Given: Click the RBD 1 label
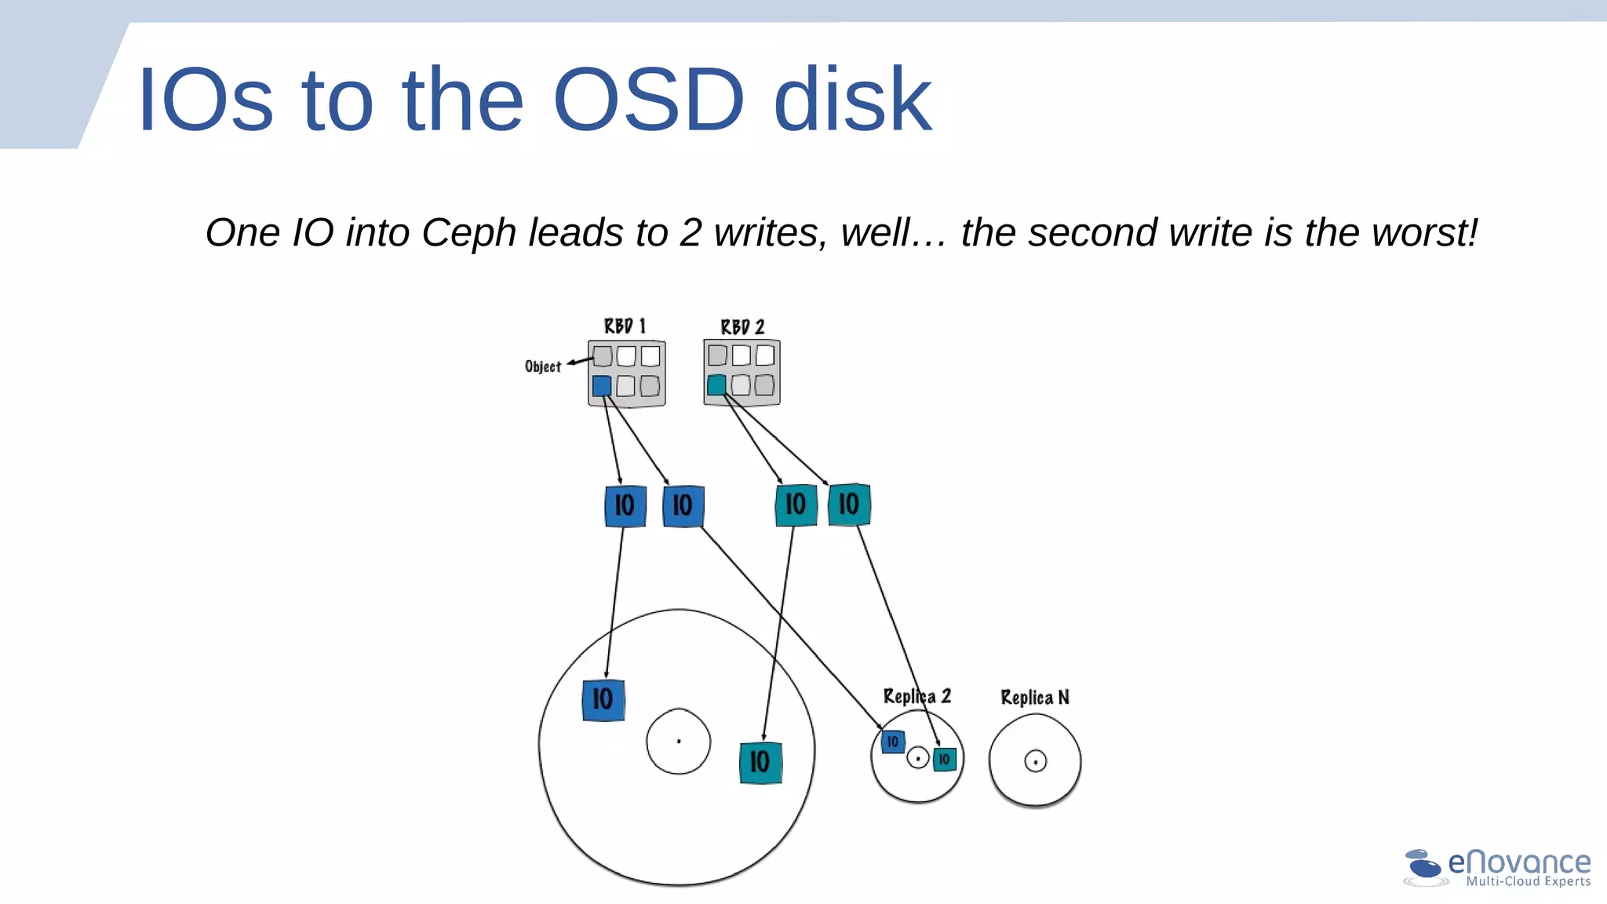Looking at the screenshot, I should (x=625, y=326).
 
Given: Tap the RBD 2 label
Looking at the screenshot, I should (x=742, y=326).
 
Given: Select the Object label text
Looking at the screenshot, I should (x=543, y=366).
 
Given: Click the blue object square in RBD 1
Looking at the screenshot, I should (x=602, y=385).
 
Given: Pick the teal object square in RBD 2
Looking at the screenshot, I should (x=716, y=385).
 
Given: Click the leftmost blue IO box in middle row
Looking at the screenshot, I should (x=625, y=505).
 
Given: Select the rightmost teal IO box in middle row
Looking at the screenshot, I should (x=849, y=504).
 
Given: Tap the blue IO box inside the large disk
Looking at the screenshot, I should (x=603, y=699).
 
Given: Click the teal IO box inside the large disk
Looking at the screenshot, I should (x=760, y=762).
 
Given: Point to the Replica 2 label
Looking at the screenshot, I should (x=916, y=696).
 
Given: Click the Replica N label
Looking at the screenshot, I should (x=1034, y=698).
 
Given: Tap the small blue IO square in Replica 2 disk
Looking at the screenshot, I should (x=893, y=742).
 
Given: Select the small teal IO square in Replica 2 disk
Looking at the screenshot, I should (x=945, y=759).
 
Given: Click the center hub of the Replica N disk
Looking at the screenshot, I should (x=1036, y=761).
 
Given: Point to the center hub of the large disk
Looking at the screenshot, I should (x=679, y=741).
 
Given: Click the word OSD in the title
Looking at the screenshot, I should (x=648, y=100).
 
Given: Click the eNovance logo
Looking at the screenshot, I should (x=1497, y=868).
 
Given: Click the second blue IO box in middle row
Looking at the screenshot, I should (x=683, y=506).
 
